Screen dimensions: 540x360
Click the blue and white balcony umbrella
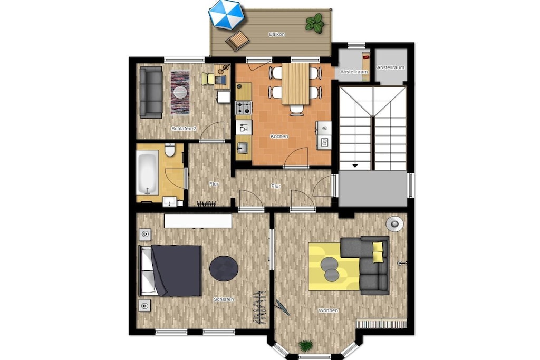tap(226, 14)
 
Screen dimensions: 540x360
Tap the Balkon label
tap(276, 34)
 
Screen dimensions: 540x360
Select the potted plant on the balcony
tap(314, 23)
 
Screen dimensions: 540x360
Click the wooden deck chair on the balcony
tap(237, 40)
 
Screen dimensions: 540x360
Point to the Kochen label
tap(279, 137)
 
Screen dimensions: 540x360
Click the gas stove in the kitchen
tap(244, 108)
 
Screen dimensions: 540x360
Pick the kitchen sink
tap(244, 148)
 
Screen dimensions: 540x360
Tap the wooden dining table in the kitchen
tap(295, 84)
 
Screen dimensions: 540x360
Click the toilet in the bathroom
tap(169, 150)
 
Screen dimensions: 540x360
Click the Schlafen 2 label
tap(184, 129)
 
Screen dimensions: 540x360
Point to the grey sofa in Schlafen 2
tap(151, 92)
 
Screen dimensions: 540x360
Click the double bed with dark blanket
tap(170, 270)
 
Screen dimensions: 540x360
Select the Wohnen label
tap(328, 310)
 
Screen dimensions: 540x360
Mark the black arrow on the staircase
tap(355, 166)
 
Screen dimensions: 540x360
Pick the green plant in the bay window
tap(305, 345)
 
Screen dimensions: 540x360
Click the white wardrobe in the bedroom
tap(198, 221)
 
